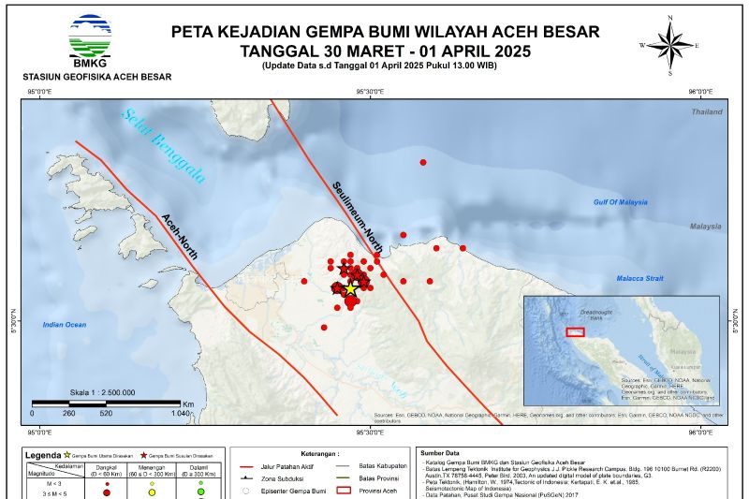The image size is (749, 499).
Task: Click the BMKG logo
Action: (x=91, y=36)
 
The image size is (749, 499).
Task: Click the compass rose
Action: (x=670, y=44)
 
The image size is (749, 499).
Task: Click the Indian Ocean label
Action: (x=65, y=325)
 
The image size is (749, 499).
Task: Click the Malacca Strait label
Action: (x=639, y=278)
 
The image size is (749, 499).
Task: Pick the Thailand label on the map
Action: (x=707, y=111)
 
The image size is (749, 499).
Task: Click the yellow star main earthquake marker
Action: (x=350, y=289)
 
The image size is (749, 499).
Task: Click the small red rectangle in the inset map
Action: (x=576, y=331)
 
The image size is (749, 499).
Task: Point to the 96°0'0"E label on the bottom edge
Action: (x=700, y=433)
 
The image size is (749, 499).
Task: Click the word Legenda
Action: (x=42, y=455)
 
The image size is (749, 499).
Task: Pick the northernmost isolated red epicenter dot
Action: (x=423, y=163)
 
